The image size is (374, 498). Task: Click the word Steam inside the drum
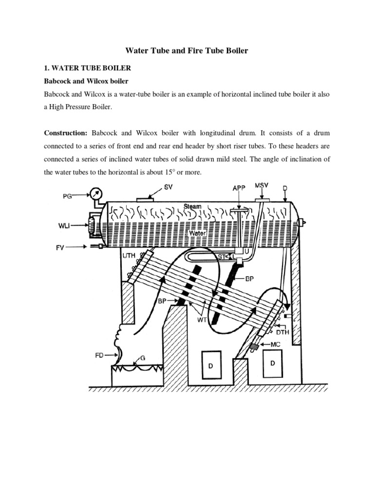coord(192,207)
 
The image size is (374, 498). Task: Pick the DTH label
coord(283,332)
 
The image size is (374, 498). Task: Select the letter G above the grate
coord(143,358)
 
